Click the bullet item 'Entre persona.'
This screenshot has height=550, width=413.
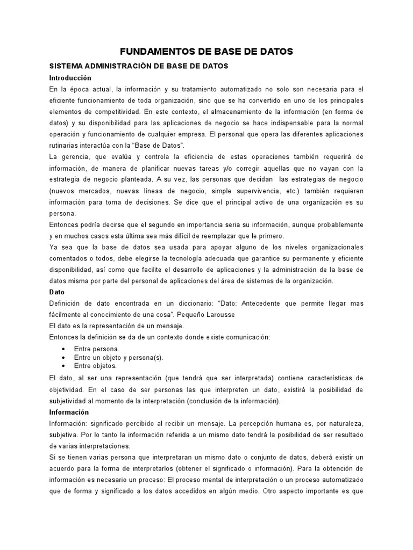[x=97, y=349]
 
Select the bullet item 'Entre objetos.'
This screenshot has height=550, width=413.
[x=95, y=366]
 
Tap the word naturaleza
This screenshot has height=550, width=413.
[x=341, y=424]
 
